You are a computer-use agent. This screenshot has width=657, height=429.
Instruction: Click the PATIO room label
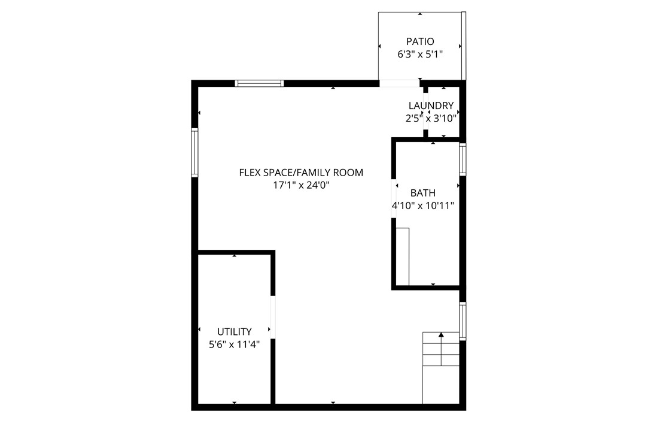(x=420, y=42)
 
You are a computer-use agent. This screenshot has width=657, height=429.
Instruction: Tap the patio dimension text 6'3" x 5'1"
(x=420, y=55)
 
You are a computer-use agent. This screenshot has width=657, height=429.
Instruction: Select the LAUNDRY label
(x=431, y=106)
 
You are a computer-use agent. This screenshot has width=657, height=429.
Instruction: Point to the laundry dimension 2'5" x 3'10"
(x=431, y=119)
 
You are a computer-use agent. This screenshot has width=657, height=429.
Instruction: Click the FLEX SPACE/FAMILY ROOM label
(x=301, y=173)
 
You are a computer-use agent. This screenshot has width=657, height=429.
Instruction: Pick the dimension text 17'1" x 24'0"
(x=301, y=186)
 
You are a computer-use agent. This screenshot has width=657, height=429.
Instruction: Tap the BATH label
(x=423, y=193)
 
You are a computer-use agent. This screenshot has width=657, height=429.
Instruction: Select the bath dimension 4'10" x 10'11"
(x=423, y=206)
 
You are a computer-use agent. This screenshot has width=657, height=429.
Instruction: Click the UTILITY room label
(x=234, y=331)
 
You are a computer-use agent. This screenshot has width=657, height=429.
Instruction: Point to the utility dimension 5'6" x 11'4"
(x=234, y=345)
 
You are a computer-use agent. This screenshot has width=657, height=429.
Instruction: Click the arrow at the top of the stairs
(x=441, y=336)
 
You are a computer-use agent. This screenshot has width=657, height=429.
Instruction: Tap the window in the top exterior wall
(x=259, y=83)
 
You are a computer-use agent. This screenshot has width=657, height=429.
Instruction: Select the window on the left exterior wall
(x=194, y=152)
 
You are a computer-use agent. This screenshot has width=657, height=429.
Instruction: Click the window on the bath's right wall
(x=463, y=159)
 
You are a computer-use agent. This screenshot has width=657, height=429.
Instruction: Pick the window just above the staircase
(x=463, y=322)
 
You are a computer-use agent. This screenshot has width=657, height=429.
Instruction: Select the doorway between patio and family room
(x=400, y=83)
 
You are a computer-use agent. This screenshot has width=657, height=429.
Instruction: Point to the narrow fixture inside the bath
(x=402, y=256)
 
